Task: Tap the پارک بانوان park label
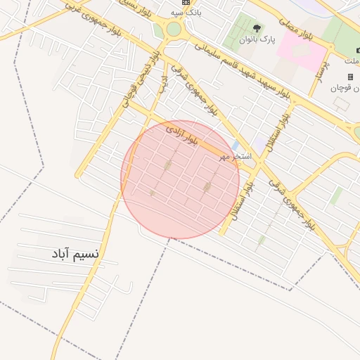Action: [x=255, y=39]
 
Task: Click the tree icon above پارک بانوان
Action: [x=256, y=29]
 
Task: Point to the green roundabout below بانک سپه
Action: [x=174, y=30]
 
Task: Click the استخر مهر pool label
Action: [x=234, y=155]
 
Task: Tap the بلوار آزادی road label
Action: [x=182, y=136]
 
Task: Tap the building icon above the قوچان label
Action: [x=350, y=77]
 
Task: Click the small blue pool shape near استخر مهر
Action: [x=235, y=146]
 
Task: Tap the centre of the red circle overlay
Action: [x=180, y=179]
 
